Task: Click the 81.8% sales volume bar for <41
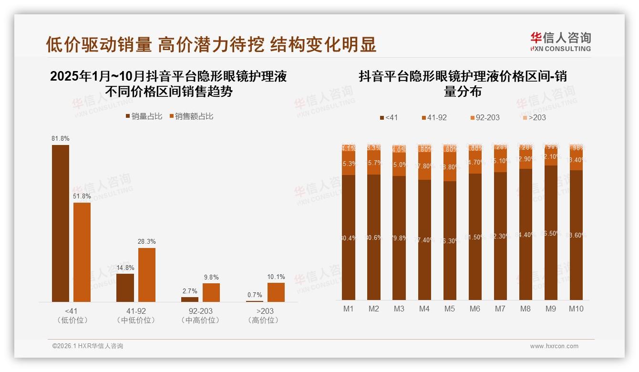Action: [x=61, y=223]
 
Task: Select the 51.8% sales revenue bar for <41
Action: [x=82, y=252]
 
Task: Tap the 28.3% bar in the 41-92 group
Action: [x=147, y=274]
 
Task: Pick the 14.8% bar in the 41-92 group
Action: [x=125, y=288]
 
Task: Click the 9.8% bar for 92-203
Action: [x=211, y=292]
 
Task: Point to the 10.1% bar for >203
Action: [x=276, y=292]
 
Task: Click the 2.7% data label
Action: [x=189, y=291]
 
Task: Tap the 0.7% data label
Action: [x=254, y=295]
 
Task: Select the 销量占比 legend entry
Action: [x=144, y=116]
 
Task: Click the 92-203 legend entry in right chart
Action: [x=484, y=117]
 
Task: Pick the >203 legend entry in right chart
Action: [x=533, y=117]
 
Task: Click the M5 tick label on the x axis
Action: [x=449, y=309]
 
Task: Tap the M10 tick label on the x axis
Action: [x=576, y=309]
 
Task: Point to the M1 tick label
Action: [x=349, y=309]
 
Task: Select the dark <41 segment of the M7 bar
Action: [x=500, y=236]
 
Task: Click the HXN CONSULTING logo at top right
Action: [x=560, y=41]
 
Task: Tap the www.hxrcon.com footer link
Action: [x=554, y=346]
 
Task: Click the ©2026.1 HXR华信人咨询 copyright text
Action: [x=87, y=346]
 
